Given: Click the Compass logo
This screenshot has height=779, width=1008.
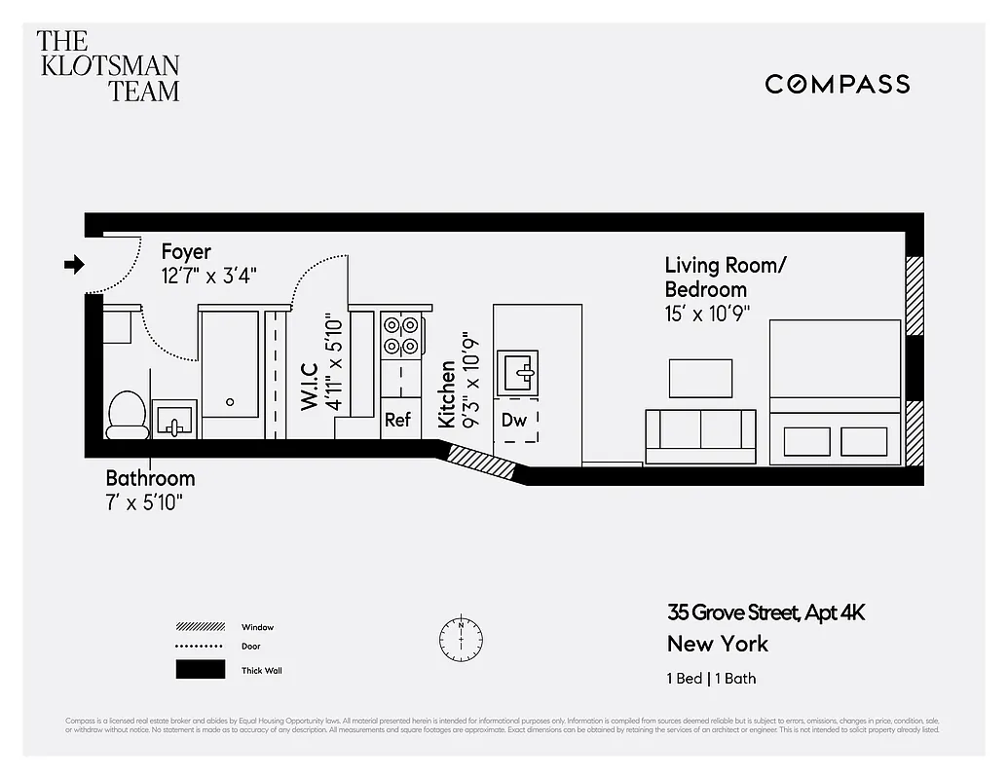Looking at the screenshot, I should click(x=837, y=84).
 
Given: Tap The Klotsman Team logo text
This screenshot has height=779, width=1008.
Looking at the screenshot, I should click(x=108, y=66).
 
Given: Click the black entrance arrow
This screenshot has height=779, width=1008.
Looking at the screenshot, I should click(x=74, y=264).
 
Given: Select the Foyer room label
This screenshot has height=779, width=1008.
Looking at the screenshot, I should click(x=186, y=252).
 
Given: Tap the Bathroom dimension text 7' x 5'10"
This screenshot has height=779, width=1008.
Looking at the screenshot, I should click(x=144, y=501).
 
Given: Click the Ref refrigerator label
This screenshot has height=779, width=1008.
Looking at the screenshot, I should click(x=398, y=421).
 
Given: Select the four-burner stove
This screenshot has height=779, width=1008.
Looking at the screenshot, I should click(x=401, y=335).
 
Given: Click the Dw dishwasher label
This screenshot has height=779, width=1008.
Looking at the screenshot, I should click(x=514, y=421).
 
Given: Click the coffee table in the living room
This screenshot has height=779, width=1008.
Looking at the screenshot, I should click(x=700, y=379).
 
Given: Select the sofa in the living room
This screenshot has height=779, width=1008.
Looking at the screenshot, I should click(x=700, y=435).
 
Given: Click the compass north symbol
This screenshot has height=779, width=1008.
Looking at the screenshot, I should click(x=461, y=638).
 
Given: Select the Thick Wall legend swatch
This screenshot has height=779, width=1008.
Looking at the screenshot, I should click(x=200, y=670).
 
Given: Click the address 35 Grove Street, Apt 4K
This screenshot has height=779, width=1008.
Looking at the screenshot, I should click(x=765, y=612).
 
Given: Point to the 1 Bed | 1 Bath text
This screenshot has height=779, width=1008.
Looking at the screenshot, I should click(x=711, y=679).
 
